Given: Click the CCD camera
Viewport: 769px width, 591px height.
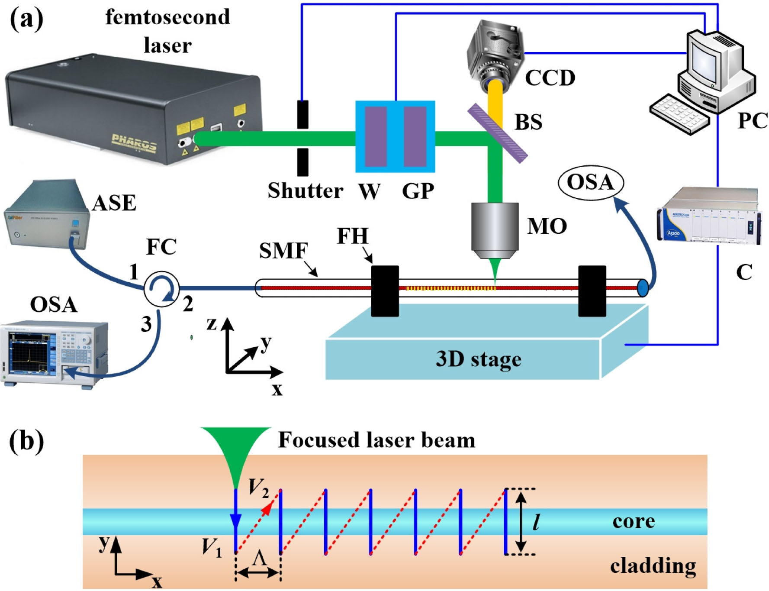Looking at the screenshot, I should tap(496, 52).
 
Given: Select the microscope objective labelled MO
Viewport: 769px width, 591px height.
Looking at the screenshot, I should tap(495, 229).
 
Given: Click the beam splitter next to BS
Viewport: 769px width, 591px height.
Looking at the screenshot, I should tap(498, 132).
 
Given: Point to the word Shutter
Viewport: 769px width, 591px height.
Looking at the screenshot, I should tap(305, 191).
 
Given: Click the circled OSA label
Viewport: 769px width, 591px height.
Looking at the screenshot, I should tap(591, 182).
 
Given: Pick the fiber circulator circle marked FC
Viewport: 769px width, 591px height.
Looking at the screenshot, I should tap(161, 289).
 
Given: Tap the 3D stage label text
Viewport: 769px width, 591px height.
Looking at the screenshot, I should tap(478, 359).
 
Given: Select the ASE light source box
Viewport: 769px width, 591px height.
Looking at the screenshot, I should tap(45, 214).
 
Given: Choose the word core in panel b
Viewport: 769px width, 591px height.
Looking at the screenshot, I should tap(633, 521).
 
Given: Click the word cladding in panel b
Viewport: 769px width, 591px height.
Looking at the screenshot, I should tap(653, 566).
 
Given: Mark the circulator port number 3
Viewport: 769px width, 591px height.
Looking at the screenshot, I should tap(146, 324).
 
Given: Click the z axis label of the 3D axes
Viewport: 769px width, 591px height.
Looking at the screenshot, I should tap(211, 323).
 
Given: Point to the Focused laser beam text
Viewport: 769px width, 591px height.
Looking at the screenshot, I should tap(376, 440).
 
